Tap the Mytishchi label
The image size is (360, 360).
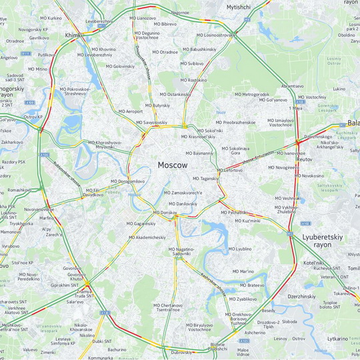point(238,7)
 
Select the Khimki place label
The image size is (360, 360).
point(73,35)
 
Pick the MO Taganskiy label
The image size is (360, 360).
point(205,179)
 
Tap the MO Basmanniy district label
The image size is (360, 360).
point(198,153)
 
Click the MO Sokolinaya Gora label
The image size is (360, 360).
point(235,151)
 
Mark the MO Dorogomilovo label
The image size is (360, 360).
point(127,181)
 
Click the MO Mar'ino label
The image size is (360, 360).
point(242,271)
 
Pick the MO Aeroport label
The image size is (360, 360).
point(131,111)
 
